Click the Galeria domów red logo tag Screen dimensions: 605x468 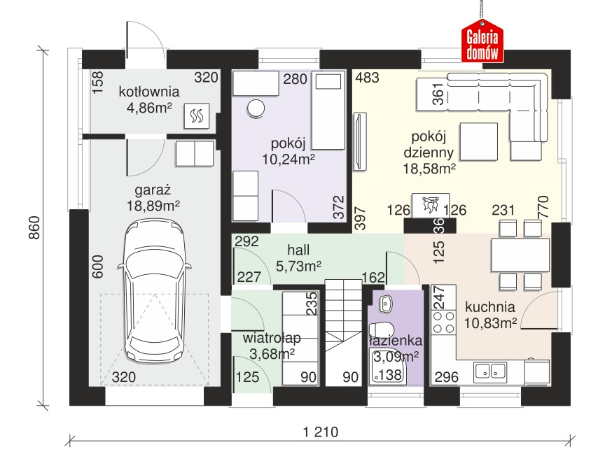pos(482,42)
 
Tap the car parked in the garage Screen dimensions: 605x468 pos(154,290)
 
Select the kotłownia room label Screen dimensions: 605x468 pos(149,92)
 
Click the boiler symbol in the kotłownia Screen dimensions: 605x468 pos(197,115)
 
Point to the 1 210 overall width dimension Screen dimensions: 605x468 pos(321,432)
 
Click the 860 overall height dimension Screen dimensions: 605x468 pos(34,228)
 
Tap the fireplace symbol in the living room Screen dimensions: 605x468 pos(430,205)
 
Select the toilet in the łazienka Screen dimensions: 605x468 pos(381,330)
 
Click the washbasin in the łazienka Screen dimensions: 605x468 pos(385,304)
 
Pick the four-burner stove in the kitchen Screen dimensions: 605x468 pos(444,322)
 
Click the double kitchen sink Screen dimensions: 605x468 pos(490,371)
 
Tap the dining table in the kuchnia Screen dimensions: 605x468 pos(520,255)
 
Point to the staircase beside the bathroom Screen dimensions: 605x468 pos(343,332)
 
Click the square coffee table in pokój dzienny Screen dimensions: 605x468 pos(478,141)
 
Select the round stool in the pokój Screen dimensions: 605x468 pos(256,108)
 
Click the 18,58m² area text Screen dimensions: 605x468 pos(429,169)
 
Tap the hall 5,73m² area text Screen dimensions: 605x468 pos(298,266)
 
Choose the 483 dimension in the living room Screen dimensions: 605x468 pos(368,78)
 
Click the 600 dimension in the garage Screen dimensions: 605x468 pos(98,267)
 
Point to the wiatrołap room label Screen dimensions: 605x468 pos(272,338)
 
